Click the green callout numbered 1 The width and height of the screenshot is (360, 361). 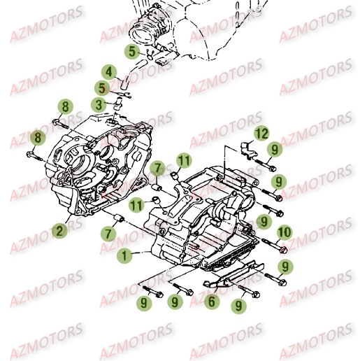pos(124,256)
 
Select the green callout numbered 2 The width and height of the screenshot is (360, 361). pos(59,229)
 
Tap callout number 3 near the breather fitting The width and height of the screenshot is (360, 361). pos(101,104)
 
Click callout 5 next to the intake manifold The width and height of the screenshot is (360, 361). pos(131,50)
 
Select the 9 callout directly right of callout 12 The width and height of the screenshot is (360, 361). pos(275,149)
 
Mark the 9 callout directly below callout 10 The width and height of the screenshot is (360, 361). pos(285,266)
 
